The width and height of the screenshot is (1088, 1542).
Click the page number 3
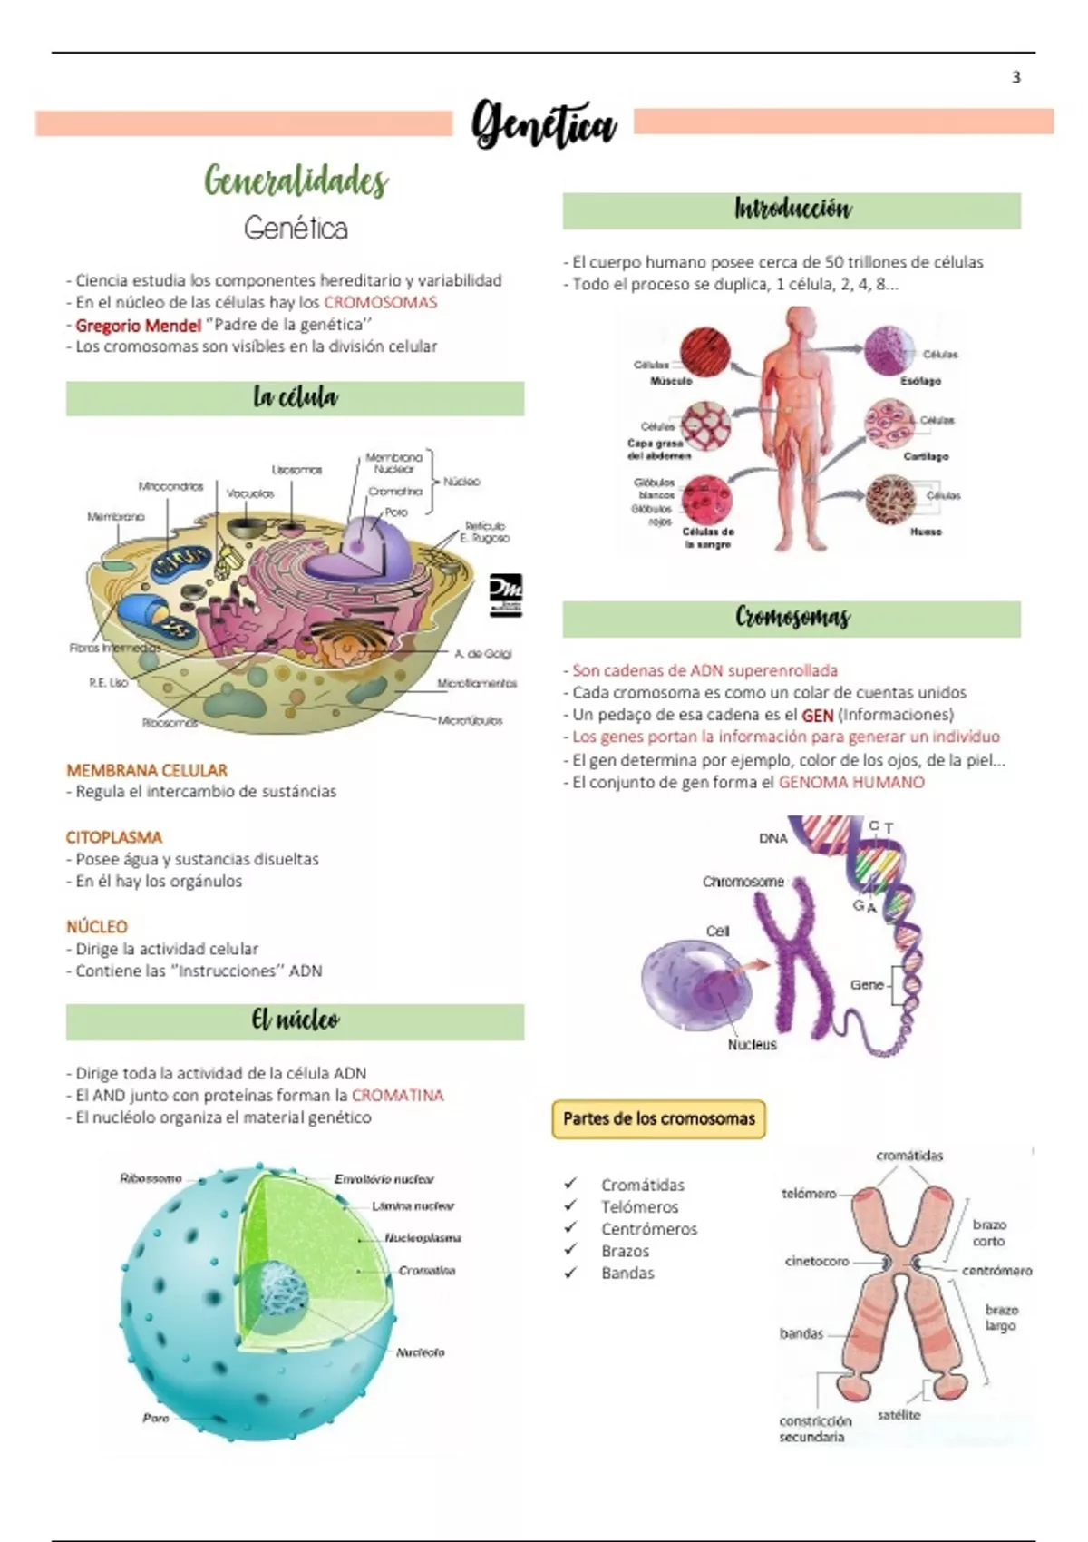tap(1015, 78)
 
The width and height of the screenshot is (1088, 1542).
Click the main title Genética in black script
tap(544, 124)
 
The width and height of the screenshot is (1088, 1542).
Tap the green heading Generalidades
tap(296, 181)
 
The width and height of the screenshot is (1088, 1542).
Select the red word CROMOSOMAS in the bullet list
tap(380, 303)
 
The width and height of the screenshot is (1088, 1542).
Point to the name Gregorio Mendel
tap(138, 325)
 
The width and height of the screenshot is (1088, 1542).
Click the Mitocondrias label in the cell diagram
tap(170, 486)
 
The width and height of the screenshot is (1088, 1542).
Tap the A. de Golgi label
tap(482, 653)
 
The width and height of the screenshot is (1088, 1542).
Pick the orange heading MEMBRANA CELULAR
tap(146, 770)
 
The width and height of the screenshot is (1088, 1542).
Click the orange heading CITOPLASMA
tap(113, 837)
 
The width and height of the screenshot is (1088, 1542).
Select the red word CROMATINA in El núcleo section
tap(397, 1095)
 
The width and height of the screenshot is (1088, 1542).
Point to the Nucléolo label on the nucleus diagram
tap(420, 1352)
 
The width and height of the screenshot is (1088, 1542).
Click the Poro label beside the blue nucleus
tap(155, 1418)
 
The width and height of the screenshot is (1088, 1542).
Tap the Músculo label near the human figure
tap(671, 381)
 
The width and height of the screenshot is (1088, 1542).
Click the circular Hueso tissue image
tap(890, 499)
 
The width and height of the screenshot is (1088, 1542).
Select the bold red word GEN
tap(817, 715)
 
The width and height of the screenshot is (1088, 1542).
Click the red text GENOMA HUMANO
tap(851, 782)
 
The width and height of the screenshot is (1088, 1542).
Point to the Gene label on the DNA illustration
tap(867, 984)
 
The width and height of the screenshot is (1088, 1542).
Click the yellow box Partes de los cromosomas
tap(658, 1118)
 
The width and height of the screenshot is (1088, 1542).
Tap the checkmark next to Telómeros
tap(570, 1206)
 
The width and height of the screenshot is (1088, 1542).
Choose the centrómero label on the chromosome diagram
tap(996, 1271)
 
